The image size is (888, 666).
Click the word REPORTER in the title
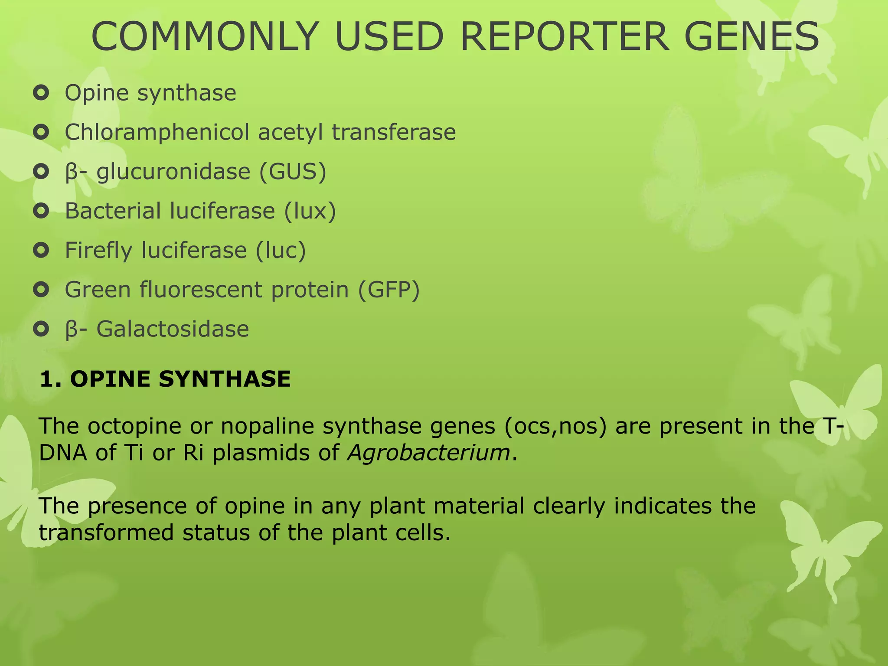click(564, 36)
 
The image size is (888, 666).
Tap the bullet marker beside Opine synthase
click(41, 93)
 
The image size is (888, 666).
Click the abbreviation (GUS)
click(293, 172)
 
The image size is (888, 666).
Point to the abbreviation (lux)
click(310, 211)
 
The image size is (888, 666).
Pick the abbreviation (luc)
click(281, 251)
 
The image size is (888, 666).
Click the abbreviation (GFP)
click(389, 290)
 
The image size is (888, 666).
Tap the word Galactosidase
click(173, 329)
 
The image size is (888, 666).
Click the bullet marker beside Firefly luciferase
click(41, 250)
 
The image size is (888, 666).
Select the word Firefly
click(98, 251)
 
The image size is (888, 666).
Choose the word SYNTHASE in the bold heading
click(225, 379)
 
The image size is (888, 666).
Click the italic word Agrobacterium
click(428, 453)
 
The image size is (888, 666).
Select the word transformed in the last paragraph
click(106, 533)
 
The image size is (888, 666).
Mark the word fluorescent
click(201, 290)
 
